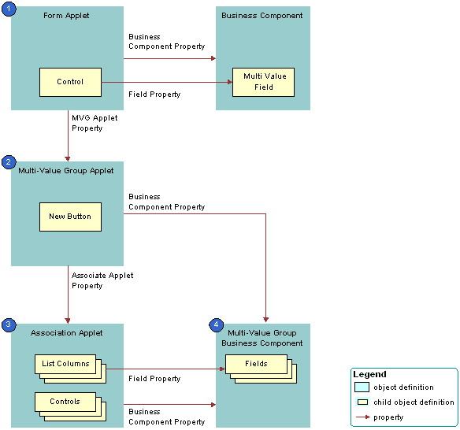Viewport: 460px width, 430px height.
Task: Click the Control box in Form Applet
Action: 70,82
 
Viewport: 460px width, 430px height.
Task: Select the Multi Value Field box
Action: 263,82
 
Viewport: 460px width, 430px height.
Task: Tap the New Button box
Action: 70,217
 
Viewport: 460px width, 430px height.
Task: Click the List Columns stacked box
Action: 66,365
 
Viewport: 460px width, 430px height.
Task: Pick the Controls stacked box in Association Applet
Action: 65,402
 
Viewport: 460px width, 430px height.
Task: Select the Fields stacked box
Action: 256,364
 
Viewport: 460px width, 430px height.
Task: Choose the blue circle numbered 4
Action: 216,324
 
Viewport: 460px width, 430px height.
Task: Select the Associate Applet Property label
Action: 102,280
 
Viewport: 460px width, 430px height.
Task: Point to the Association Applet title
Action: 68,332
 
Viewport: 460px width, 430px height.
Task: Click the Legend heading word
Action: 369,374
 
